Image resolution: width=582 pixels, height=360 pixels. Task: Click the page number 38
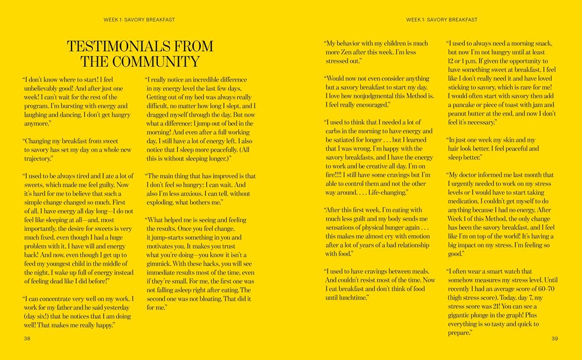(27, 338)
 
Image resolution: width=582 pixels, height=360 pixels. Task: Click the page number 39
(555, 338)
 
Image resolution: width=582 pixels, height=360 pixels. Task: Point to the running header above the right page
(441, 20)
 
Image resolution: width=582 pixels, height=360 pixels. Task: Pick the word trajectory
(37, 158)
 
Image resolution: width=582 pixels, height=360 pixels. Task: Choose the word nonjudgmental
(382, 96)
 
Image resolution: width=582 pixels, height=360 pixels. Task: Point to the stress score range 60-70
(542, 288)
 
